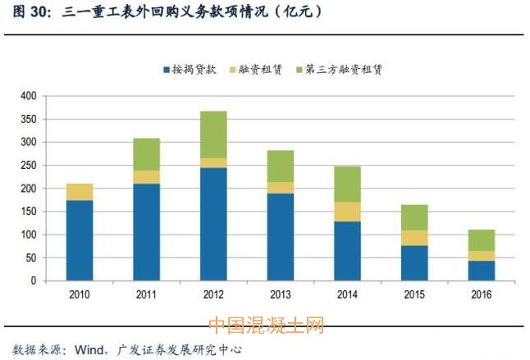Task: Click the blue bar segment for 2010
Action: (80, 239)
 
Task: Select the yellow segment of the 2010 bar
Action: (80, 192)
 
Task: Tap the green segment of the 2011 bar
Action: (146, 154)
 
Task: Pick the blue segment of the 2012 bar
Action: (213, 223)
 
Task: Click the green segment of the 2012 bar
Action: (213, 134)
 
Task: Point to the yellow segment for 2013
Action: (279, 187)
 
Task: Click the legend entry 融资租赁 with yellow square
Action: (260, 70)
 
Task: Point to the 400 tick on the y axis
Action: (28, 96)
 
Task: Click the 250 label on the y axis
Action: (28, 165)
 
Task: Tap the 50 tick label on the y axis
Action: (30, 257)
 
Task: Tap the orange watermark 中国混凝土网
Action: (267, 326)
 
